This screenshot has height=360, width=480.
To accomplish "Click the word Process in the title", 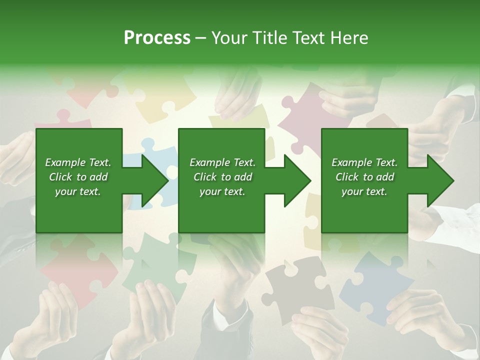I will [x=157, y=37].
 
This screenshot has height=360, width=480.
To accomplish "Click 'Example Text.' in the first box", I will [x=78, y=162].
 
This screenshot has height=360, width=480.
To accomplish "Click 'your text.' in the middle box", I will [x=222, y=191].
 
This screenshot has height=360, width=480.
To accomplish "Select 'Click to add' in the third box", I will [x=364, y=177].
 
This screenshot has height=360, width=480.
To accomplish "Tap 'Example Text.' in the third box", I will [x=364, y=162].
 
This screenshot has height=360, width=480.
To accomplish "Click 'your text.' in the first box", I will [x=78, y=191].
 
